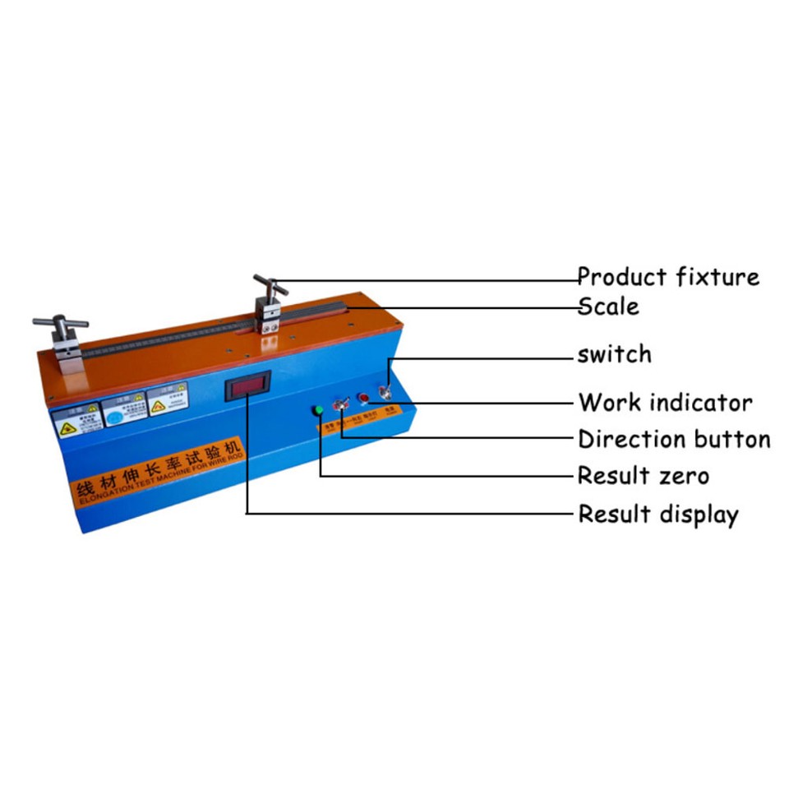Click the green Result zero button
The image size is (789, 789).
point(317,411)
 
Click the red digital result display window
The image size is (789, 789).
point(247,385)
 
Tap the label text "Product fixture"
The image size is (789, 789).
point(667,276)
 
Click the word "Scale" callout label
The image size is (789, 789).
point(608,307)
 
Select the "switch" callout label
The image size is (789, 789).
point(614,355)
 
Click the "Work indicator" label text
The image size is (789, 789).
point(665,403)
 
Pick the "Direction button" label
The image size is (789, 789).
point(674,439)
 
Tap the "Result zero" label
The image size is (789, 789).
point(643,475)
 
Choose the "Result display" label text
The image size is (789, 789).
point(657,514)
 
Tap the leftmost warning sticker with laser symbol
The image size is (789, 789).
point(75,421)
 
